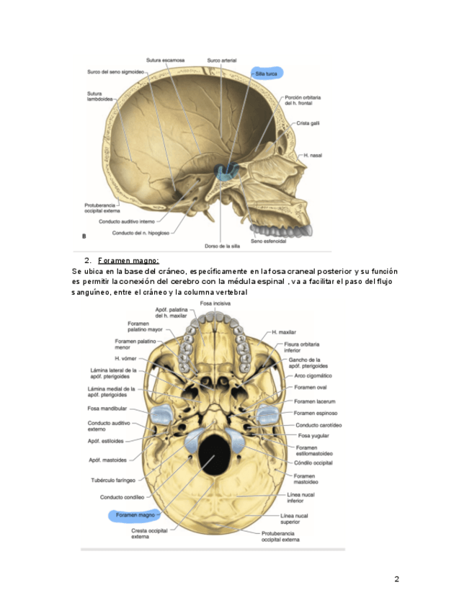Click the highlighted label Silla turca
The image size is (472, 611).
click(x=267, y=73)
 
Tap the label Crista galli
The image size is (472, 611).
click(x=309, y=123)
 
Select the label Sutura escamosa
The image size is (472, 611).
click(x=165, y=61)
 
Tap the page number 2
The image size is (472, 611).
click(x=396, y=579)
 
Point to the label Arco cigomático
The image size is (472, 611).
click(x=313, y=375)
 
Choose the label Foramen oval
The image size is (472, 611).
click(x=311, y=388)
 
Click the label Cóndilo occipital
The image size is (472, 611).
click(x=313, y=463)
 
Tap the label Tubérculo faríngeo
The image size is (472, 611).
click(x=112, y=480)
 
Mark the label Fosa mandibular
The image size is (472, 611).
click(x=107, y=408)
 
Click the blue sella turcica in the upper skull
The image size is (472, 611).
click(x=228, y=171)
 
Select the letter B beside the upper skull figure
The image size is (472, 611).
click(x=85, y=236)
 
